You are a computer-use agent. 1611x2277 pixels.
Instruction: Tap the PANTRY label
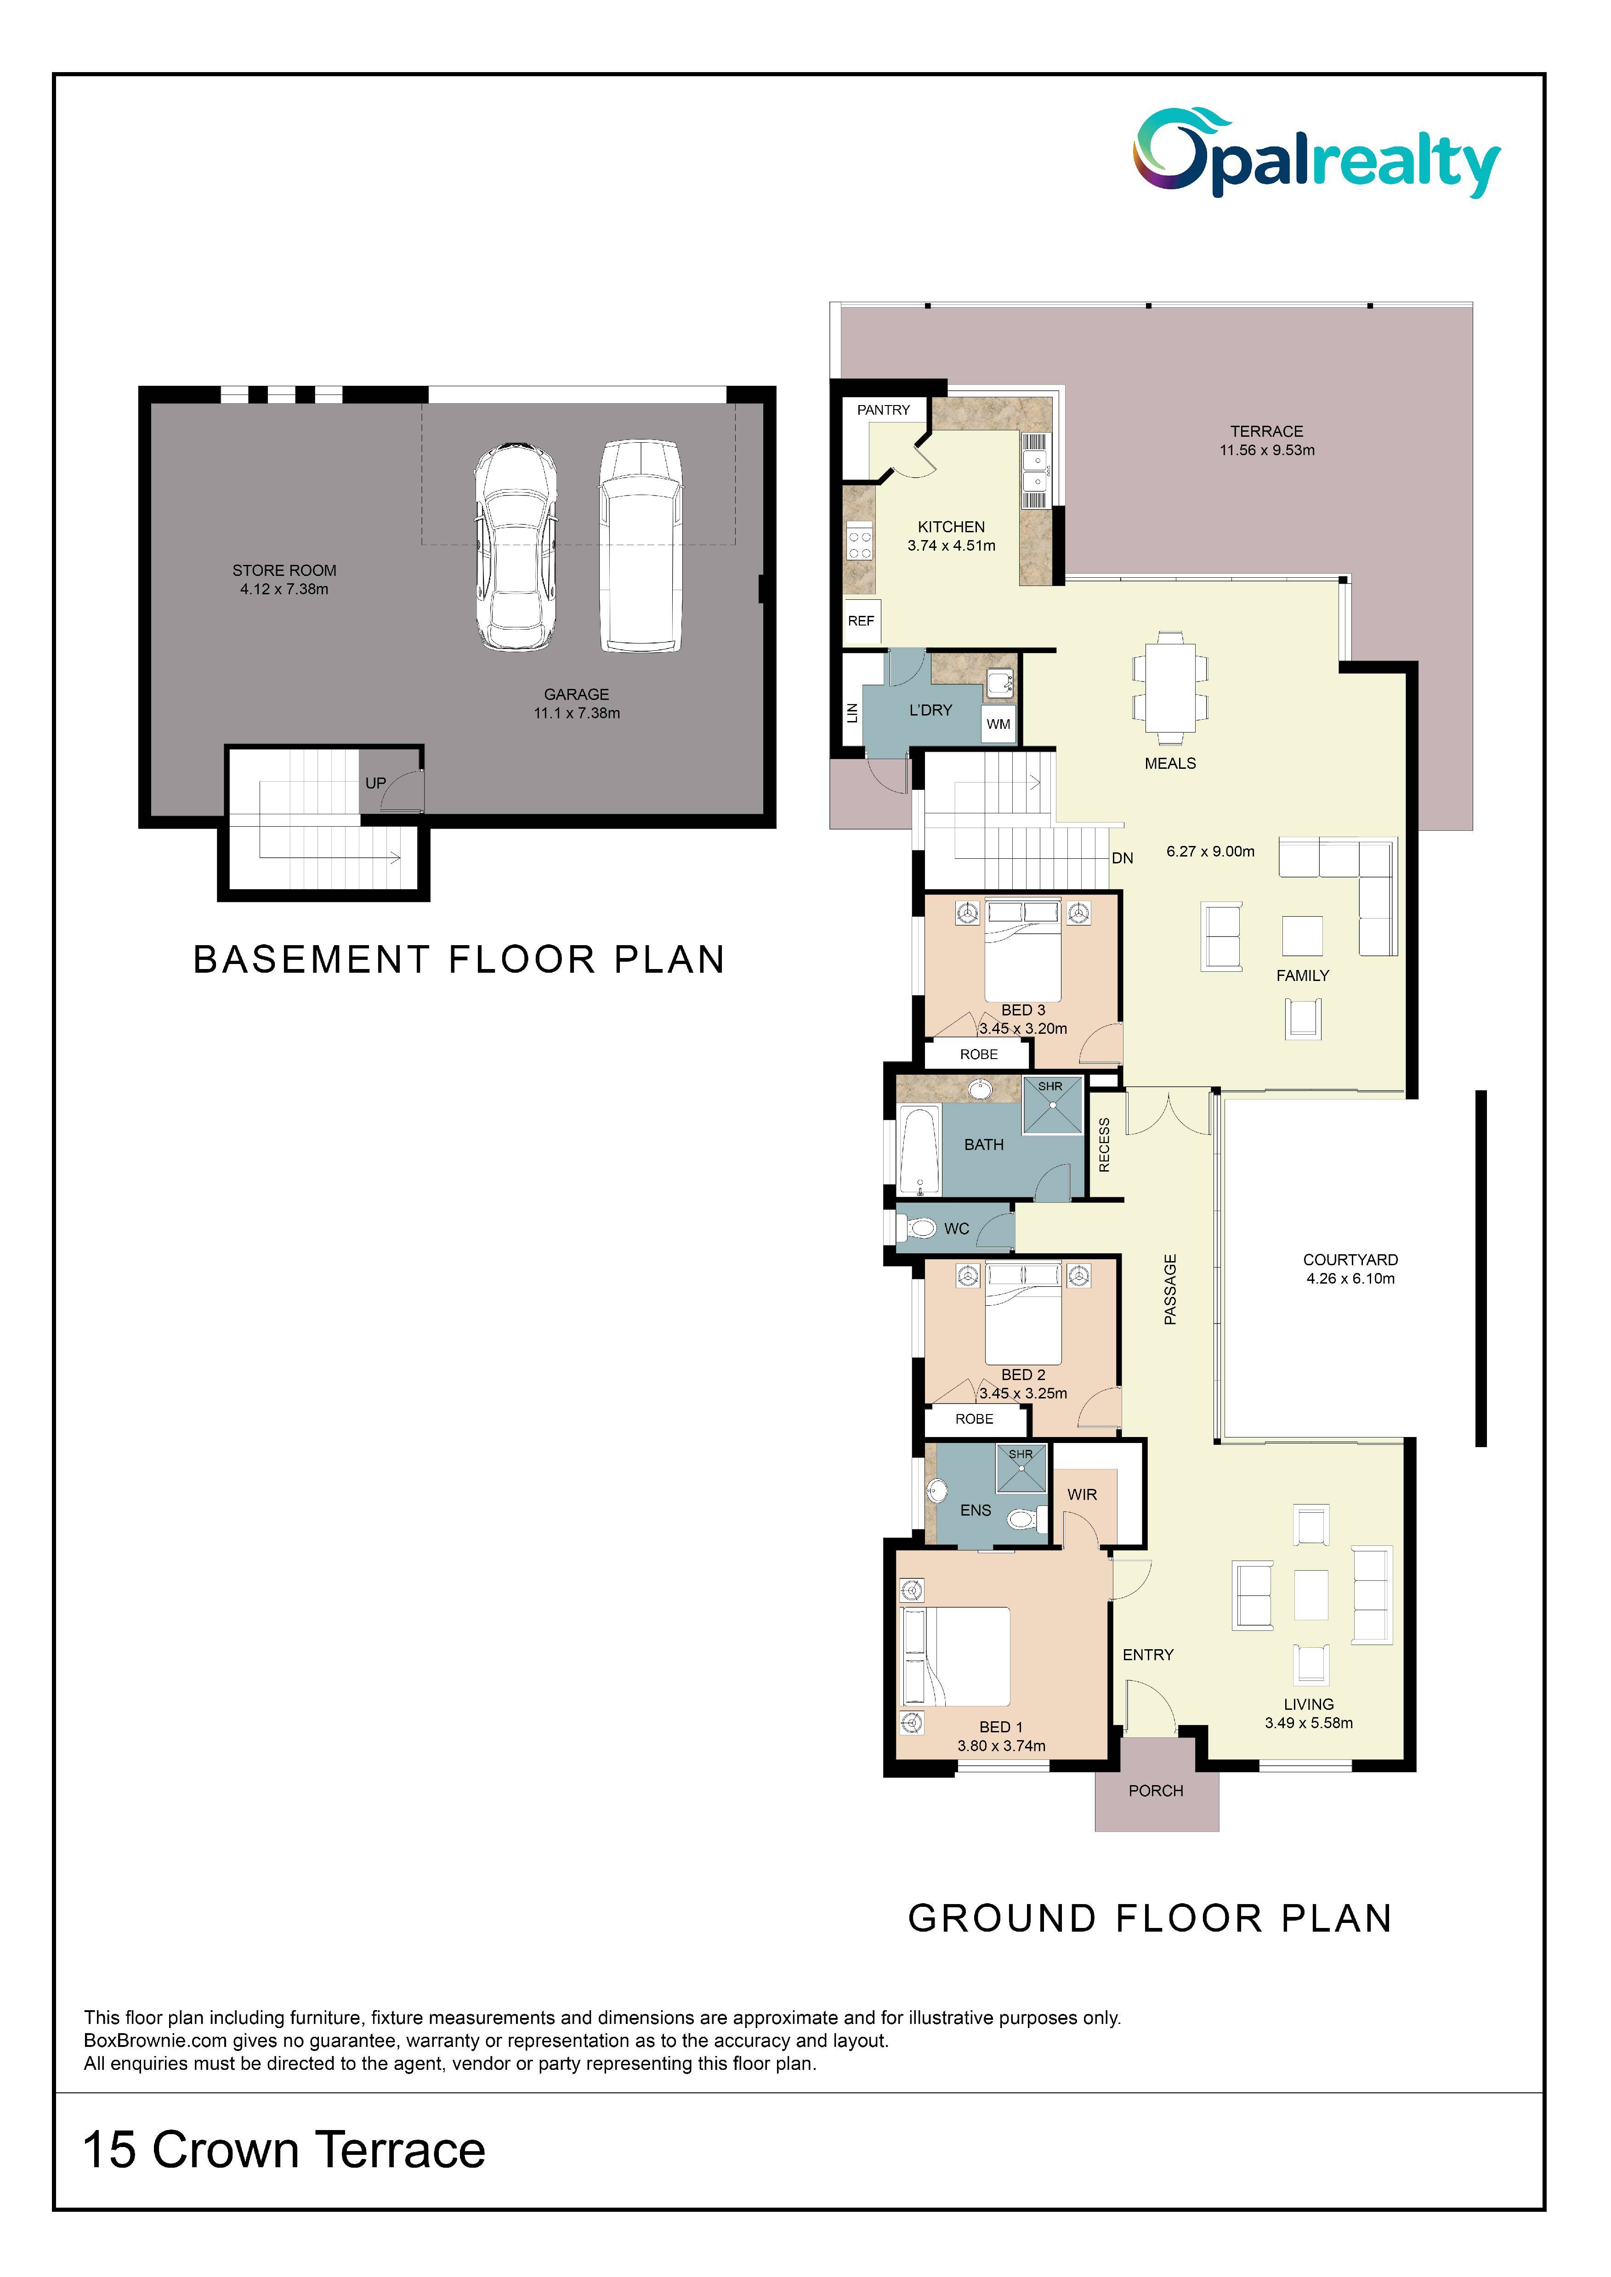[x=883, y=410]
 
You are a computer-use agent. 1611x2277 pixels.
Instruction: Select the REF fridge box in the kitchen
[x=861, y=621]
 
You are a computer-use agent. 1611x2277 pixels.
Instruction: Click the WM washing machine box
[x=998, y=724]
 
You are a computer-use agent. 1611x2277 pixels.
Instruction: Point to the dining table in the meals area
[x=1170, y=687]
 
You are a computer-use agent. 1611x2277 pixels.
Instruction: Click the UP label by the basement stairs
[x=375, y=783]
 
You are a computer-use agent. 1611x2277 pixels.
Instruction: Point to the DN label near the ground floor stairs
[x=1122, y=858]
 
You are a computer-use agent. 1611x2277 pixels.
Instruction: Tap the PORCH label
[x=1156, y=1790]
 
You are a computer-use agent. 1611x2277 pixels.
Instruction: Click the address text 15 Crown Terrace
[x=284, y=2149]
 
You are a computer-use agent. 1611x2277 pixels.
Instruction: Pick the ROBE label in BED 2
[x=974, y=1419]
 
